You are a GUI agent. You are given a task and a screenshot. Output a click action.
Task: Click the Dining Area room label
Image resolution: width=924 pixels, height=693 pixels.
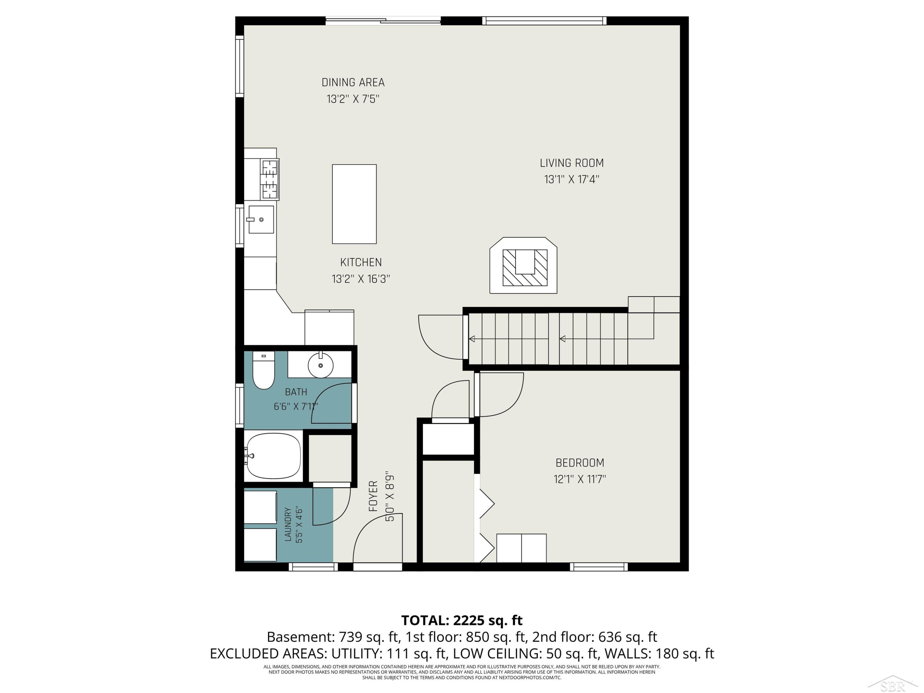tap(353, 83)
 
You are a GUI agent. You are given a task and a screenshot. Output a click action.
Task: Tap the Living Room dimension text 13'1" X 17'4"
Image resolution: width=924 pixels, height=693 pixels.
tap(571, 180)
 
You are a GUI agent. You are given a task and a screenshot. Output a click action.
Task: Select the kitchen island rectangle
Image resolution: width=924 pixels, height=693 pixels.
tap(354, 204)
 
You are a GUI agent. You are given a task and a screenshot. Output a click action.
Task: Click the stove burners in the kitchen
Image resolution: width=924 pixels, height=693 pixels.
tap(269, 179)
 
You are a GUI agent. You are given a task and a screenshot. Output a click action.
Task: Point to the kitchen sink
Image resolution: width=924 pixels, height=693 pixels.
tap(261, 219)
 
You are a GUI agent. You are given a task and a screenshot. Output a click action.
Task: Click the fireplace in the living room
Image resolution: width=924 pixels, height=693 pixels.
tap(523, 265)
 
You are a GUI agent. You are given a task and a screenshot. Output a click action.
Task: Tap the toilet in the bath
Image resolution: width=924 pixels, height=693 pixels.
tap(264, 370)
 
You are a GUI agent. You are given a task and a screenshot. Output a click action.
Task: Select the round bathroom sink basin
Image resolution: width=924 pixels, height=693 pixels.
tap(320, 365)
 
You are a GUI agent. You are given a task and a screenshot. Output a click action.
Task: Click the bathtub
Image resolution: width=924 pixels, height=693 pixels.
tap(273, 456)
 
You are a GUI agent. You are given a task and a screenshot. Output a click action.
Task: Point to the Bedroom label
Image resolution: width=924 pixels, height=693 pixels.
tap(580, 463)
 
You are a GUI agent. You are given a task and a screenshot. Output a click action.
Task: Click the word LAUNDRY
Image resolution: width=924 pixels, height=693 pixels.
tap(288, 525)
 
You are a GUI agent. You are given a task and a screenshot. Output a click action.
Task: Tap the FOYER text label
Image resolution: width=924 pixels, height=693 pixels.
tap(373, 496)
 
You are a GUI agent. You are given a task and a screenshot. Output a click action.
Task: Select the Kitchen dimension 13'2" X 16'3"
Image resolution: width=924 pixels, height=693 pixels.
tap(361, 279)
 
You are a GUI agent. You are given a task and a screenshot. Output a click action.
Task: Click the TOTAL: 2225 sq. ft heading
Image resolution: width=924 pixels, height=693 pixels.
tap(462, 620)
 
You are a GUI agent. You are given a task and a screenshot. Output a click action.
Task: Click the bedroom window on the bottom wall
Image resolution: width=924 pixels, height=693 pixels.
tap(598, 567)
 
